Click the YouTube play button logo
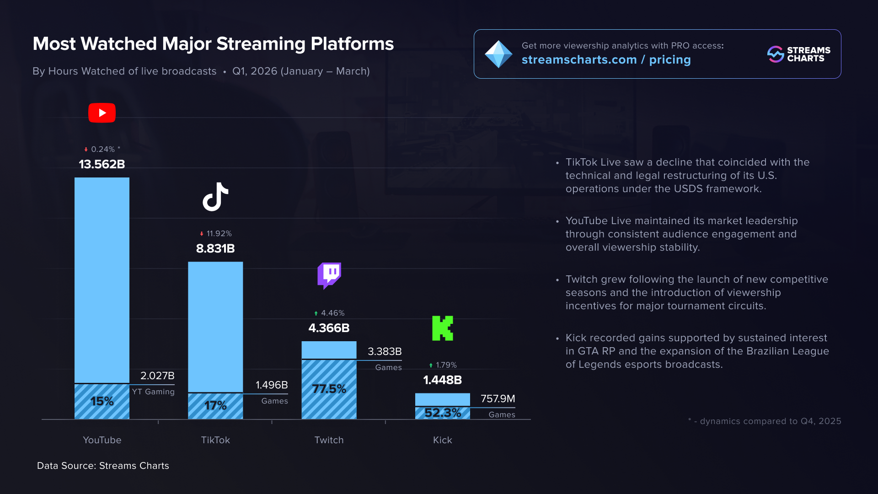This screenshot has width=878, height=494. click(102, 113)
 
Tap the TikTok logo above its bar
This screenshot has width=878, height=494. click(215, 197)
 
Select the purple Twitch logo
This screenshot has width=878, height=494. click(329, 275)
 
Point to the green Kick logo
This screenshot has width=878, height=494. click(443, 328)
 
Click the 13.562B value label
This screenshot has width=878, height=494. click(102, 164)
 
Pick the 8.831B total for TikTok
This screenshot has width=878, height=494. click(215, 248)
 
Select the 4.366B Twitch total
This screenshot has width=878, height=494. click(329, 328)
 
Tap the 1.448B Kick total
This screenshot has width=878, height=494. click(442, 380)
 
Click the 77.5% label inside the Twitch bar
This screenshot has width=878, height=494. click(329, 389)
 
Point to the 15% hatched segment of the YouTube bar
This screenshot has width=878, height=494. click(102, 401)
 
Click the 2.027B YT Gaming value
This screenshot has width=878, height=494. click(157, 376)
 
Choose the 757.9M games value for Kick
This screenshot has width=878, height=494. click(498, 398)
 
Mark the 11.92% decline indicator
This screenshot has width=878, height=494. click(216, 234)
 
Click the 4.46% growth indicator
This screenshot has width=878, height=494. click(329, 313)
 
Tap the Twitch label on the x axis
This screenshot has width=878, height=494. click(329, 440)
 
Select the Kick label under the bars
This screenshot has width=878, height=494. click(442, 440)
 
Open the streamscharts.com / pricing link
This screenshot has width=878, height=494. click(606, 60)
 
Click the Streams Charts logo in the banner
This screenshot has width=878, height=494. click(798, 54)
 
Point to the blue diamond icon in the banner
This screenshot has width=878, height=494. click(498, 54)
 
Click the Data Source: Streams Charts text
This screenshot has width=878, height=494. click(103, 466)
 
